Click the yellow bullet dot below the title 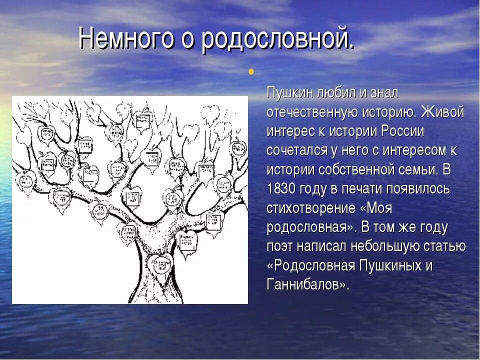tap(251, 71)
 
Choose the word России tap(403, 131)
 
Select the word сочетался tap(297, 150)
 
